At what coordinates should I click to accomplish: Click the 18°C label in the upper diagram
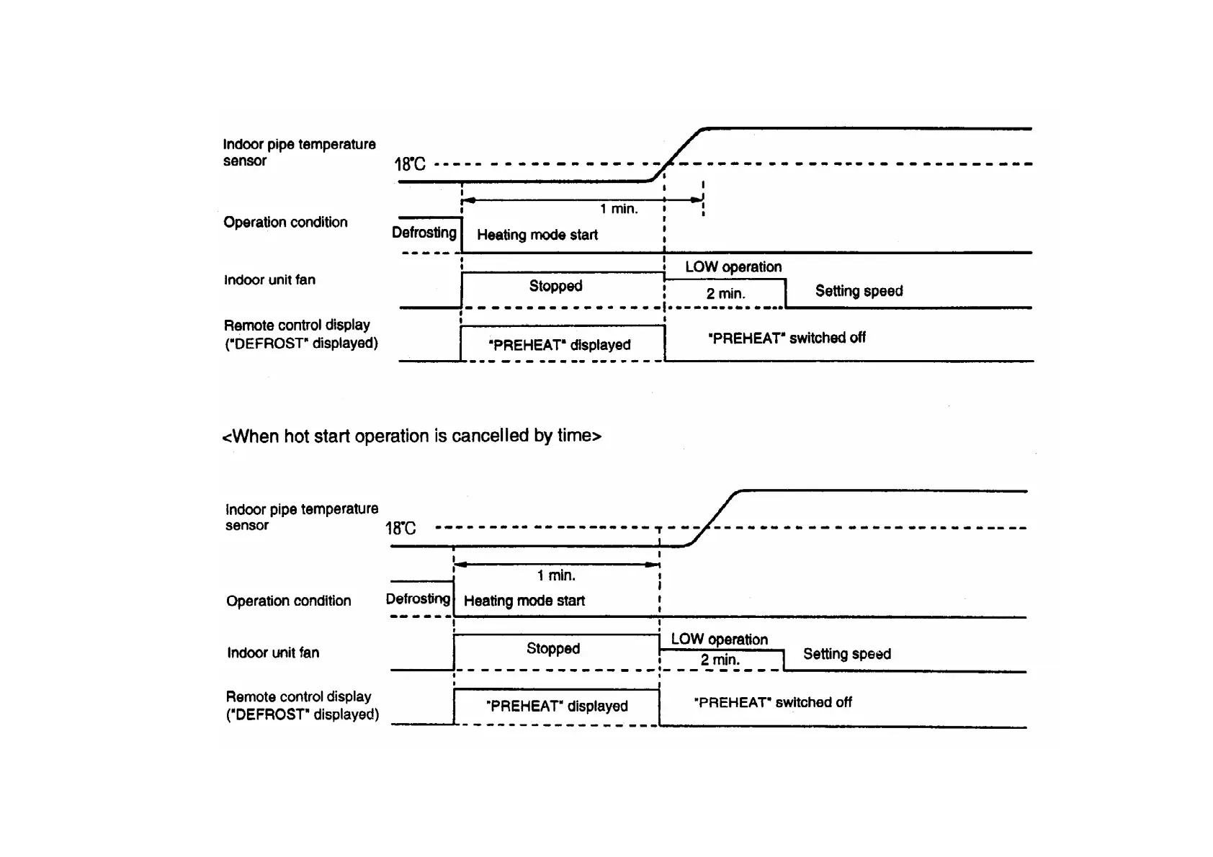[410, 164]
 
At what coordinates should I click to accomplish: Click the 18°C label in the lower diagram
[400, 529]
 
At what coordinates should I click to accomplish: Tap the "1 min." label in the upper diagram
[619, 209]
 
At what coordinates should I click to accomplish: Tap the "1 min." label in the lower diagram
[556, 575]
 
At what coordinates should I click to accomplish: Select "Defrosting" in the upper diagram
[424, 233]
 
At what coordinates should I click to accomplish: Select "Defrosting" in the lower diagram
[418, 599]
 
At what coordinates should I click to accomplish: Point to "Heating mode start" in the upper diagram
[537, 235]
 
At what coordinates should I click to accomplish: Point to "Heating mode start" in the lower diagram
[524, 601]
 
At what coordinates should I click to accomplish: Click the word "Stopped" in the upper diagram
[555, 286]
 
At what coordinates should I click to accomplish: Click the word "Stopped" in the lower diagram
[552, 648]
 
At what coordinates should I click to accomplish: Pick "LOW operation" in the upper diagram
[733, 267]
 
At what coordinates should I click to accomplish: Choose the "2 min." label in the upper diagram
[725, 294]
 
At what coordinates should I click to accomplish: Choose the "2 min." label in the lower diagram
[720, 660]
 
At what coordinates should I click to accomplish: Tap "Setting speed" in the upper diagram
[859, 291]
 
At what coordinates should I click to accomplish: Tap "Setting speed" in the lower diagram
[847, 654]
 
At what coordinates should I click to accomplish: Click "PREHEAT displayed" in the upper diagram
[560, 345]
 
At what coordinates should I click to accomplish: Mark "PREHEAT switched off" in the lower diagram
[773, 702]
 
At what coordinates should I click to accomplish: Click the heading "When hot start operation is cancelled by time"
[411, 436]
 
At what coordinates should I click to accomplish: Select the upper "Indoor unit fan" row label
[269, 280]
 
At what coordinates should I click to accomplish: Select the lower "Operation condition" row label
[288, 601]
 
